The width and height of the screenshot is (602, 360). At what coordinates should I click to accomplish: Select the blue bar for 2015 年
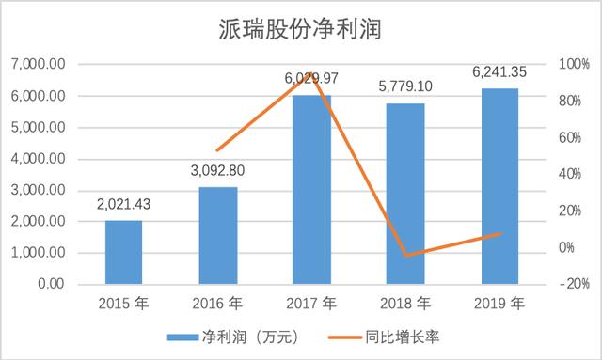point(123,252)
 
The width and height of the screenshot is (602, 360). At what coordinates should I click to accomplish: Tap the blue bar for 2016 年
point(217,235)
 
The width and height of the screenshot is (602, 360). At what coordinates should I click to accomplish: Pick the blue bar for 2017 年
point(311,189)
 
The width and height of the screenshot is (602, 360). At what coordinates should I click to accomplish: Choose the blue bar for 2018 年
point(405,193)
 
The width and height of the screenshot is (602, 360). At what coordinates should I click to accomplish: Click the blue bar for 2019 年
point(499,186)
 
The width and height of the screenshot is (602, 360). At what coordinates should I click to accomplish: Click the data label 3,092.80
point(217,172)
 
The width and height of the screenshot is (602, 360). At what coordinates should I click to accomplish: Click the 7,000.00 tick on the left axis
point(39,65)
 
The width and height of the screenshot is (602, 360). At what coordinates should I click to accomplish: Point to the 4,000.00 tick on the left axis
point(39,159)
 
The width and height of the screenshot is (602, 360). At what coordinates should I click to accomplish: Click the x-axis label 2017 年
point(311,305)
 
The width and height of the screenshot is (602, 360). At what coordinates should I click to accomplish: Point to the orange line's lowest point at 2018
point(405,255)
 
